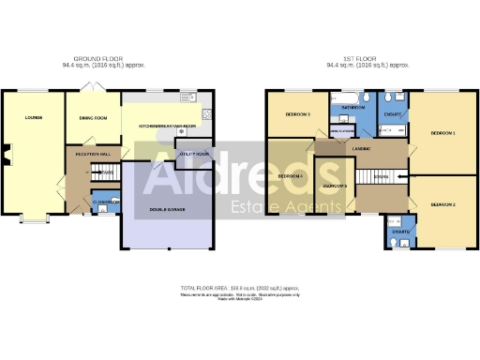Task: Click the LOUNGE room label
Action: point(34,118)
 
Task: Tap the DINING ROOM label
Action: point(93,118)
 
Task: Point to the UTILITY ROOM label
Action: point(194,153)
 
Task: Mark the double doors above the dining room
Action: point(91,86)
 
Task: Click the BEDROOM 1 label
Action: point(442,133)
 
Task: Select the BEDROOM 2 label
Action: point(442,203)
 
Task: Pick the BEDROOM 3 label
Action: point(296,114)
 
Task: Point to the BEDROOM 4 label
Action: point(291,176)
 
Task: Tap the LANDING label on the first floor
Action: point(361,149)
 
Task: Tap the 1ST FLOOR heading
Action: point(367,58)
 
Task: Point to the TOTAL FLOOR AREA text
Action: point(239,287)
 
